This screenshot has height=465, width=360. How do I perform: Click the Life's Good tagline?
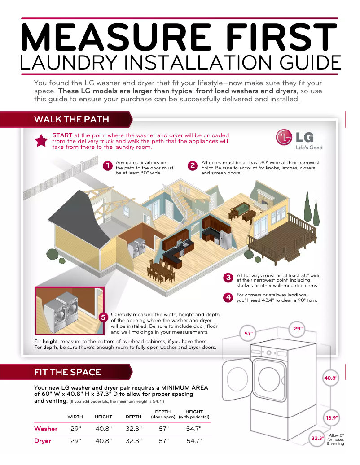(308, 148)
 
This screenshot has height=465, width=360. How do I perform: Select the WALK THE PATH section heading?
(71, 119)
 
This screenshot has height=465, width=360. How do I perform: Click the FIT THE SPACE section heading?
(67, 372)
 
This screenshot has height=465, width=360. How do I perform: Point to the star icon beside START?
(41, 141)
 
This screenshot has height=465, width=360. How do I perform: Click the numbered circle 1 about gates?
(107, 166)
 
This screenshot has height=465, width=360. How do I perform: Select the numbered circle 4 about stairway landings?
(228, 297)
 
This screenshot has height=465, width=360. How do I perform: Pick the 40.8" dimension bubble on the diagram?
(331, 378)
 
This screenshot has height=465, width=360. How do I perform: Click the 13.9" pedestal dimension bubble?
(332, 418)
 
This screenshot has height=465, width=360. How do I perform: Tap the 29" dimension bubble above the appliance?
(298, 329)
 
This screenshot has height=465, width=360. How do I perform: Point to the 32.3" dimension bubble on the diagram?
(317, 439)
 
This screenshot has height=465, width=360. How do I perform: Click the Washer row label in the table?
(46, 429)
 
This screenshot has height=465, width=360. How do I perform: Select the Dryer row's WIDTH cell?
(76, 441)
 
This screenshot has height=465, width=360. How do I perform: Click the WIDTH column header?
(75, 417)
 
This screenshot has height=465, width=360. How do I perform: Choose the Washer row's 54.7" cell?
(194, 429)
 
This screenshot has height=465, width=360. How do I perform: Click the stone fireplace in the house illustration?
(266, 199)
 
